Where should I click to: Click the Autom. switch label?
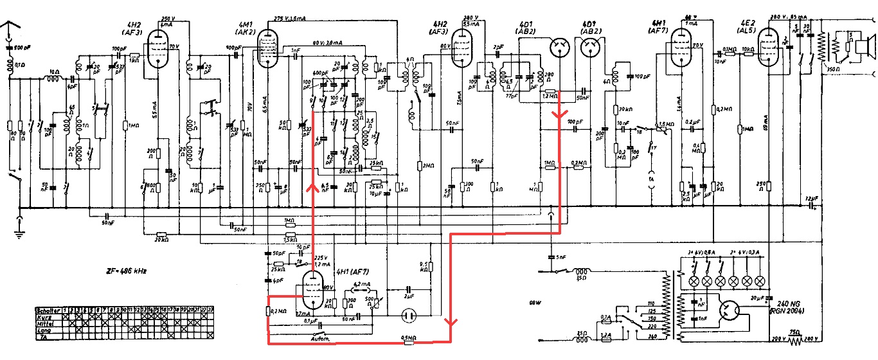[x=320, y=339]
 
